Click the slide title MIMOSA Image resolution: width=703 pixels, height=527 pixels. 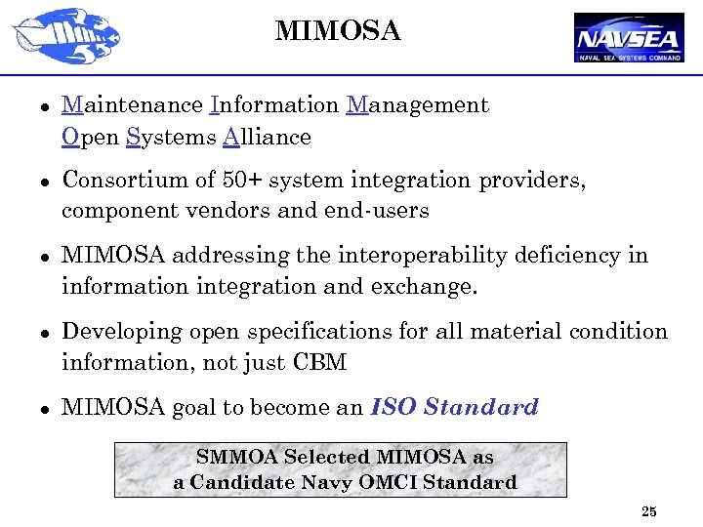pos(338,31)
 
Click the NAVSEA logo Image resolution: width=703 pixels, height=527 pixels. pos(629,38)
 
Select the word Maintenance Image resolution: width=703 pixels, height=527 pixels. pos(132,104)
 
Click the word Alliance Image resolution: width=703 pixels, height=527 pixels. pos(267,137)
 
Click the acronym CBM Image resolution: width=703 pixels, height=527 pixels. pos(319,363)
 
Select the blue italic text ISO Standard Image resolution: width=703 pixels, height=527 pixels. pos(455,407)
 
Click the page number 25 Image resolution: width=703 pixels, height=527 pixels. pos(649,511)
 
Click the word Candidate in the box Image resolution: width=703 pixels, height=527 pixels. pos(237,482)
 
